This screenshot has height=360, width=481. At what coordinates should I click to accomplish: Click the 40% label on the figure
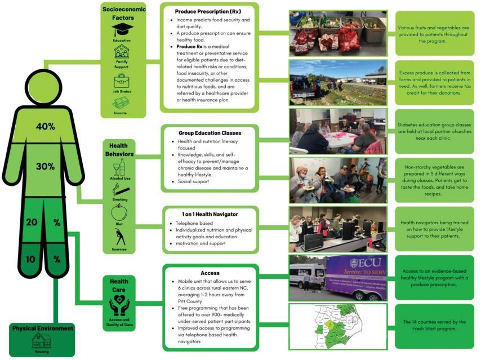45,126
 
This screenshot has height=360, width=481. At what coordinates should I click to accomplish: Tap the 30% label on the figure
45,167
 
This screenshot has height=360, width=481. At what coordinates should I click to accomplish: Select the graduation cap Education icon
122,29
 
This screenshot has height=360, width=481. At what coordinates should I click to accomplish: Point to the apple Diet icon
119,212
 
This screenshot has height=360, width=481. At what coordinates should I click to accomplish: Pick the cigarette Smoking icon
119,189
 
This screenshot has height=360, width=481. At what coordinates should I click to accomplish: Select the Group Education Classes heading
210,133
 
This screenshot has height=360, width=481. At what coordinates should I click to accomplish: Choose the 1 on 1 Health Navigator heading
210,214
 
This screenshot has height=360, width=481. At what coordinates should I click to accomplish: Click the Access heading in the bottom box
210,273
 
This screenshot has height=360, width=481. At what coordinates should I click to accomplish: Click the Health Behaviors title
119,149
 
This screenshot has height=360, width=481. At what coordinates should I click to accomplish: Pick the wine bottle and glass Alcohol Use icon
119,167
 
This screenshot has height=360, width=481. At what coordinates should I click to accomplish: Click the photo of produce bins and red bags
337,33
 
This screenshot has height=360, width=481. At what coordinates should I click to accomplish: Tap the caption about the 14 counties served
434,326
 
